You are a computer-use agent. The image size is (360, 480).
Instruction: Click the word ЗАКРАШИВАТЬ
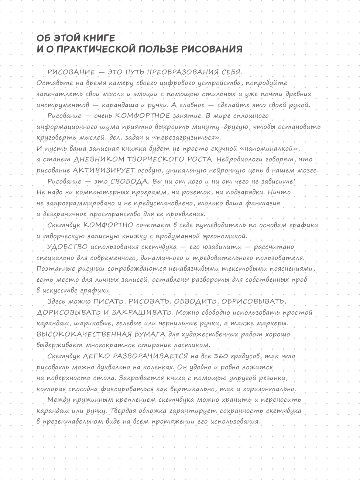click(142, 313)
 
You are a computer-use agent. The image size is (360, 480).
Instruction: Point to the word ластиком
click(192, 346)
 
